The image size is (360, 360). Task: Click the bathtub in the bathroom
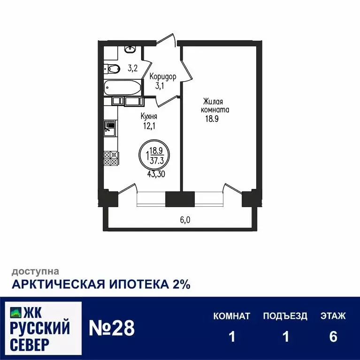point(122,87)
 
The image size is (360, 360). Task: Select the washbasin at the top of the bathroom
point(130,49)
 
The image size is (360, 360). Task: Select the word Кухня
point(149,116)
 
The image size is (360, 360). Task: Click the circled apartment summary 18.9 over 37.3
point(155,154)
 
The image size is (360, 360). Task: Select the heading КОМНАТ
point(231,316)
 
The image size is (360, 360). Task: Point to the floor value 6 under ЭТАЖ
point(333,337)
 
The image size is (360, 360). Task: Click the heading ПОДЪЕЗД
point(285,316)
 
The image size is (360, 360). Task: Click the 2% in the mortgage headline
point(180,284)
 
